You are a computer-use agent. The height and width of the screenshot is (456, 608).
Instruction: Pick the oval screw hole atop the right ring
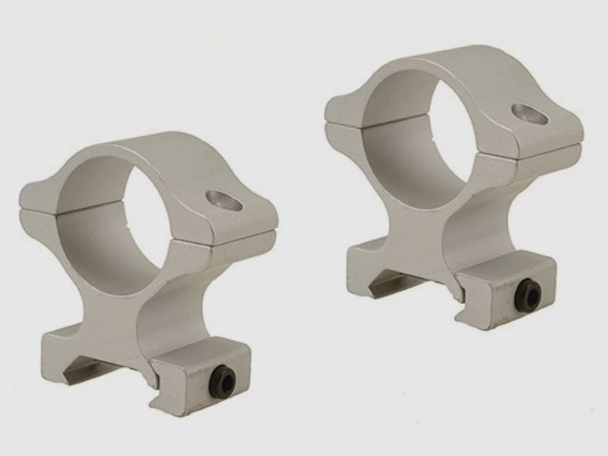531,114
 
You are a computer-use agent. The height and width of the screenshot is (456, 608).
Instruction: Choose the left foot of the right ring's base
363,259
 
